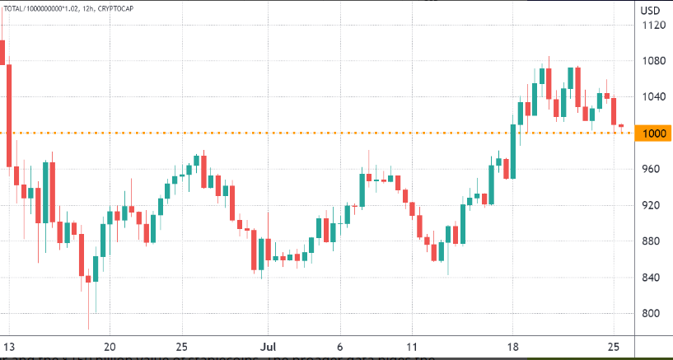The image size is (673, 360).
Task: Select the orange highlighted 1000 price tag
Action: coord(653,133)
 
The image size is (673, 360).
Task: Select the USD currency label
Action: coord(651,9)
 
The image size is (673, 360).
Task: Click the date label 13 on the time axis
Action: coord(7,346)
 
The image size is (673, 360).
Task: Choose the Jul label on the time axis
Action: coord(265,346)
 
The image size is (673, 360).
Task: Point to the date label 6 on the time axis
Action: coord(339,346)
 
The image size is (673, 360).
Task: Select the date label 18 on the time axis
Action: coord(512,346)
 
